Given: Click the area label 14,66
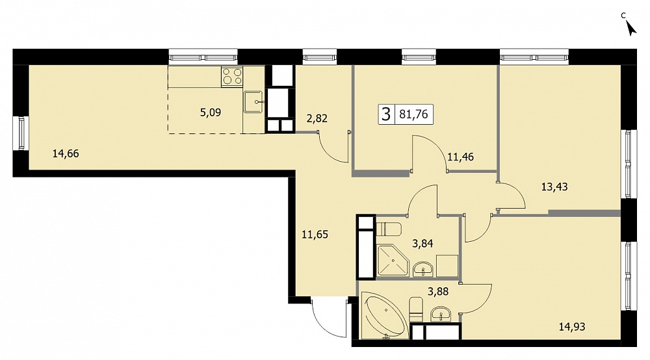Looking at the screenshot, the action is click(x=66, y=154).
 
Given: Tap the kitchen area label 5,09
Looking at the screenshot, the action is click(x=211, y=112).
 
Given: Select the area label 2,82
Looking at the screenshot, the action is click(x=317, y=118).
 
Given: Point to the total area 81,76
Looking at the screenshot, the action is click(x=413, y=114).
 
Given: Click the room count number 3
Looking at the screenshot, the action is click(x=386, y=114).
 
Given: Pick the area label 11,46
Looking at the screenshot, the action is click(x=460, y=157).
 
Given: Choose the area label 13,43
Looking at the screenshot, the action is click(x=554, y=187).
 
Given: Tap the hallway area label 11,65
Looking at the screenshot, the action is click(x=315, y=235).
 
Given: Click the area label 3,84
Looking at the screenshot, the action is click(x=422, y=244).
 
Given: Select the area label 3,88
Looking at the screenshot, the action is click(x=438, y=292).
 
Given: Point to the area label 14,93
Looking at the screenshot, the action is click(x=572, y=327).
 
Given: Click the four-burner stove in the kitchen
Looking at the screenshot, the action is click(x=232, y=77).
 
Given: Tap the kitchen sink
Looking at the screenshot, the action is click(x=253, y=102).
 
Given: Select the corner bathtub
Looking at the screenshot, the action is click(x=383, y=315).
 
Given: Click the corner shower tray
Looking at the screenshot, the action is click(x=392, y=261).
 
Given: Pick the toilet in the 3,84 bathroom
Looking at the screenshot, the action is click(x=389, y=229).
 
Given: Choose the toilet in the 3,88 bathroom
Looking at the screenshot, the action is click(x=416, y=309).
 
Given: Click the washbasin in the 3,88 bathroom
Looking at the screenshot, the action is click(x=441, y=314).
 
